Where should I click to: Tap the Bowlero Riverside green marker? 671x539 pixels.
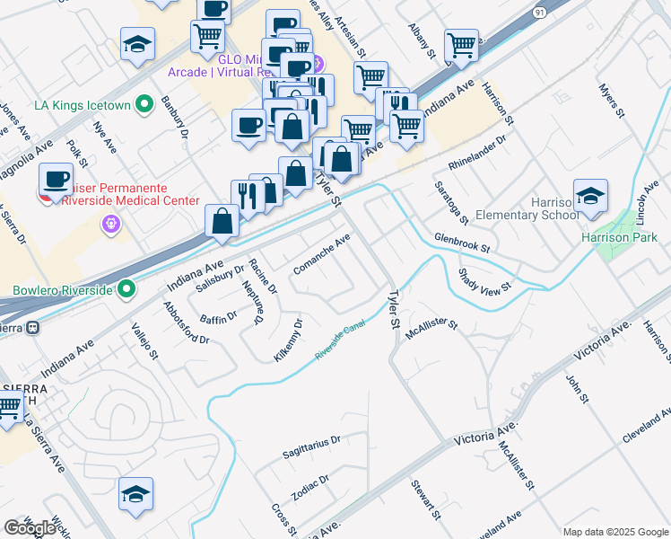(x=127, y=289)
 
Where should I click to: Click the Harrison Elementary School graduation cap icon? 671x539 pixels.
(x=591, y=199)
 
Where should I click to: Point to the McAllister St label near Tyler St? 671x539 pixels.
(x=431, y=328)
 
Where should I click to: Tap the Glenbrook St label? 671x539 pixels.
(x=462, y=242)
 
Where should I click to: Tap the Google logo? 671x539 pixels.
(x=30, y=528)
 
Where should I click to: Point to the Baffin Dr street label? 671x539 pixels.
(x=218, y=316)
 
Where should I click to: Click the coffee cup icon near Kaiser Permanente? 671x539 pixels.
(x=57, y=179)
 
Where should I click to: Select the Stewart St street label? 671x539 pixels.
(x=425, y=501)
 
